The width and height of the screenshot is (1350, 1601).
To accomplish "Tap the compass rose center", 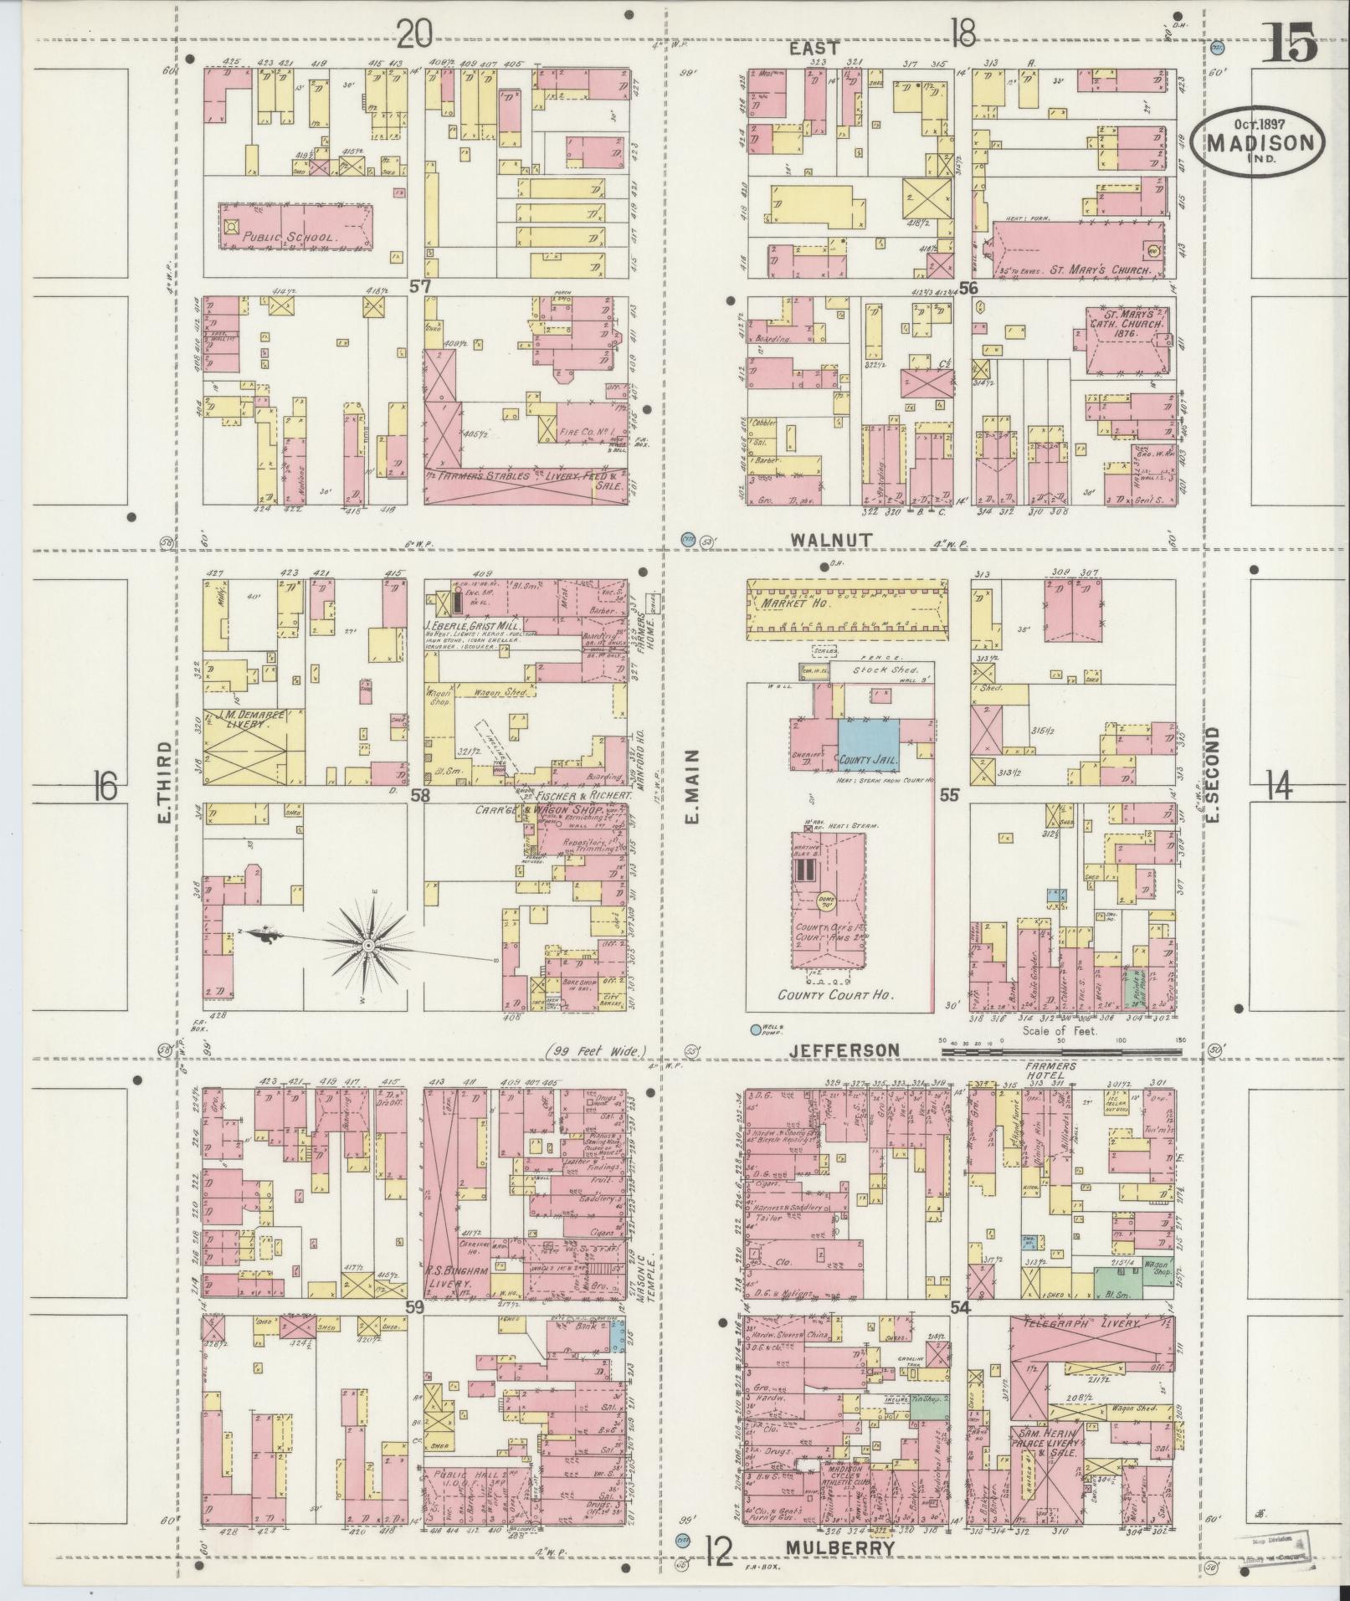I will pyautogui.click(x=367, y=944).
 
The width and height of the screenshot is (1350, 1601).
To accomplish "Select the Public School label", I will pyautogui.click(x=290, y=237).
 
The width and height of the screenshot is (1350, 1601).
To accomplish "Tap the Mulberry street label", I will pyautogui.click(x=841, y=1547).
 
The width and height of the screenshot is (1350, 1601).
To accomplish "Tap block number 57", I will pyautogui.click(x=419, y=286).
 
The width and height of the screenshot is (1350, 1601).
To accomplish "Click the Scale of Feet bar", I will pyautogui.click(x=1059, y=1043).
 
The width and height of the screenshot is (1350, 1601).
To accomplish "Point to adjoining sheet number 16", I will pyautogui.click(x=105, y=787).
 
